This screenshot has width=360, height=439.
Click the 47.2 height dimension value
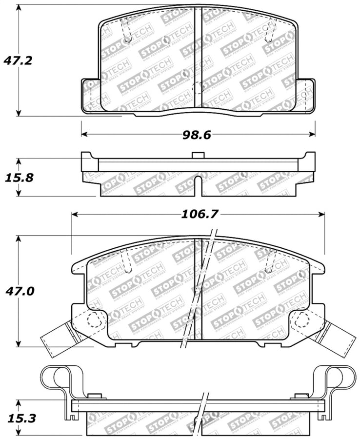point(18,61)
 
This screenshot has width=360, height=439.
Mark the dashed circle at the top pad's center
point(198,88)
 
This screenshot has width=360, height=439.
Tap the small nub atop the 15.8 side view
point(198,155)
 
